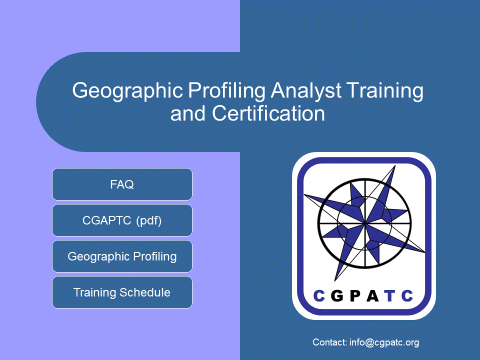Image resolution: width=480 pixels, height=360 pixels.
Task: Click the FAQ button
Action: (122, 184)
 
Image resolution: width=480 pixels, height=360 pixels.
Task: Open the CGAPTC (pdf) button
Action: (122, 220)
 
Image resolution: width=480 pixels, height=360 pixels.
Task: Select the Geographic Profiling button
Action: (122, 256)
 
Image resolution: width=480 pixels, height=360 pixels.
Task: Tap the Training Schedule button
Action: (122, 292)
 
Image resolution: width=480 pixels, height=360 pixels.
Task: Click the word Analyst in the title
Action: (306, 91)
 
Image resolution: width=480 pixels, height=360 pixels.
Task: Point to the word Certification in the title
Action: (268, 113)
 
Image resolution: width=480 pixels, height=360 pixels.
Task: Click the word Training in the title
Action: (385, 91)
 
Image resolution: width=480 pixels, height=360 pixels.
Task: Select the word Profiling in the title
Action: (226, 91)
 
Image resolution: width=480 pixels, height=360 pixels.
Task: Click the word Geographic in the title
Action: (127, 91)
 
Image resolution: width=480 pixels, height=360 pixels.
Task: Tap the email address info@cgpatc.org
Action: (384, 342)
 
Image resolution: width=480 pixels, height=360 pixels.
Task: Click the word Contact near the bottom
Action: (329, 342)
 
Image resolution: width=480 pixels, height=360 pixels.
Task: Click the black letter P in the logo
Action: (355, 295)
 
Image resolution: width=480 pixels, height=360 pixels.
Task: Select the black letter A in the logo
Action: (372, 295)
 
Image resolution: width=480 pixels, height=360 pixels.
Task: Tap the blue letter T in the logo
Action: (390, 295)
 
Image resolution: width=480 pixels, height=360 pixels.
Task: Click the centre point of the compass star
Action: (365, 224)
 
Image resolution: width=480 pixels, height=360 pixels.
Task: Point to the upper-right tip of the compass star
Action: (395, 165)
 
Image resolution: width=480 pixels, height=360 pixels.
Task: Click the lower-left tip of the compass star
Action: (335, 280)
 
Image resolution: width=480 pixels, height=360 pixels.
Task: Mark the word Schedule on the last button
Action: (145, 292)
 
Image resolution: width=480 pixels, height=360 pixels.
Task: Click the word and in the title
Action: (187, 114)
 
